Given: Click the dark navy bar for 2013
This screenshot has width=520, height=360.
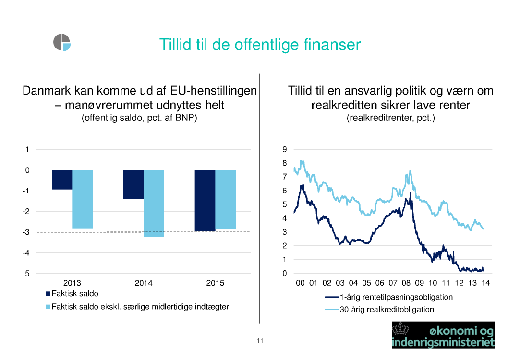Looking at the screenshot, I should (x=62, y=180).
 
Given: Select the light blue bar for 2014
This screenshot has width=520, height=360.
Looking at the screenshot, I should (x=154, y=204).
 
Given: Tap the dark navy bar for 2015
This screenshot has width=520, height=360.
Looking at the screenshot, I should (x=205, y=201).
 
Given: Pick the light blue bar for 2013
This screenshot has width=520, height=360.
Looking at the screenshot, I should (x=82, y=199).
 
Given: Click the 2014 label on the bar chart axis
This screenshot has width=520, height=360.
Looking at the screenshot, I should (x=144, y=283).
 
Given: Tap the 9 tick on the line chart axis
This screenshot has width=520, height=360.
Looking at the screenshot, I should (x=285, y=150).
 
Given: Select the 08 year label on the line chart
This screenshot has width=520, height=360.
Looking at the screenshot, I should (x=406, y=283).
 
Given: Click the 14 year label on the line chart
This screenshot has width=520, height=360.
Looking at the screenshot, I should (x=485, y=283).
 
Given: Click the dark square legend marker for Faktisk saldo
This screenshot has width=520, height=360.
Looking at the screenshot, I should (x=48, y=294).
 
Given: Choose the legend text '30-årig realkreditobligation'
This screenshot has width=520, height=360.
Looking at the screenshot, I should (x=387, y=310).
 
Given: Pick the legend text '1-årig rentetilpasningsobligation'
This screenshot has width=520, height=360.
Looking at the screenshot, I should (x=396, y=297).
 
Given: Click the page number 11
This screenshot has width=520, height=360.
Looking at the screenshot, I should (x=260, y=341).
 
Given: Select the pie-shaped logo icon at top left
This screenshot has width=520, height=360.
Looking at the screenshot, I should (x=62, y=42).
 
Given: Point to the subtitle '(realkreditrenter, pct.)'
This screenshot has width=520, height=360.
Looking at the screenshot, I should (x=390, y=118).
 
